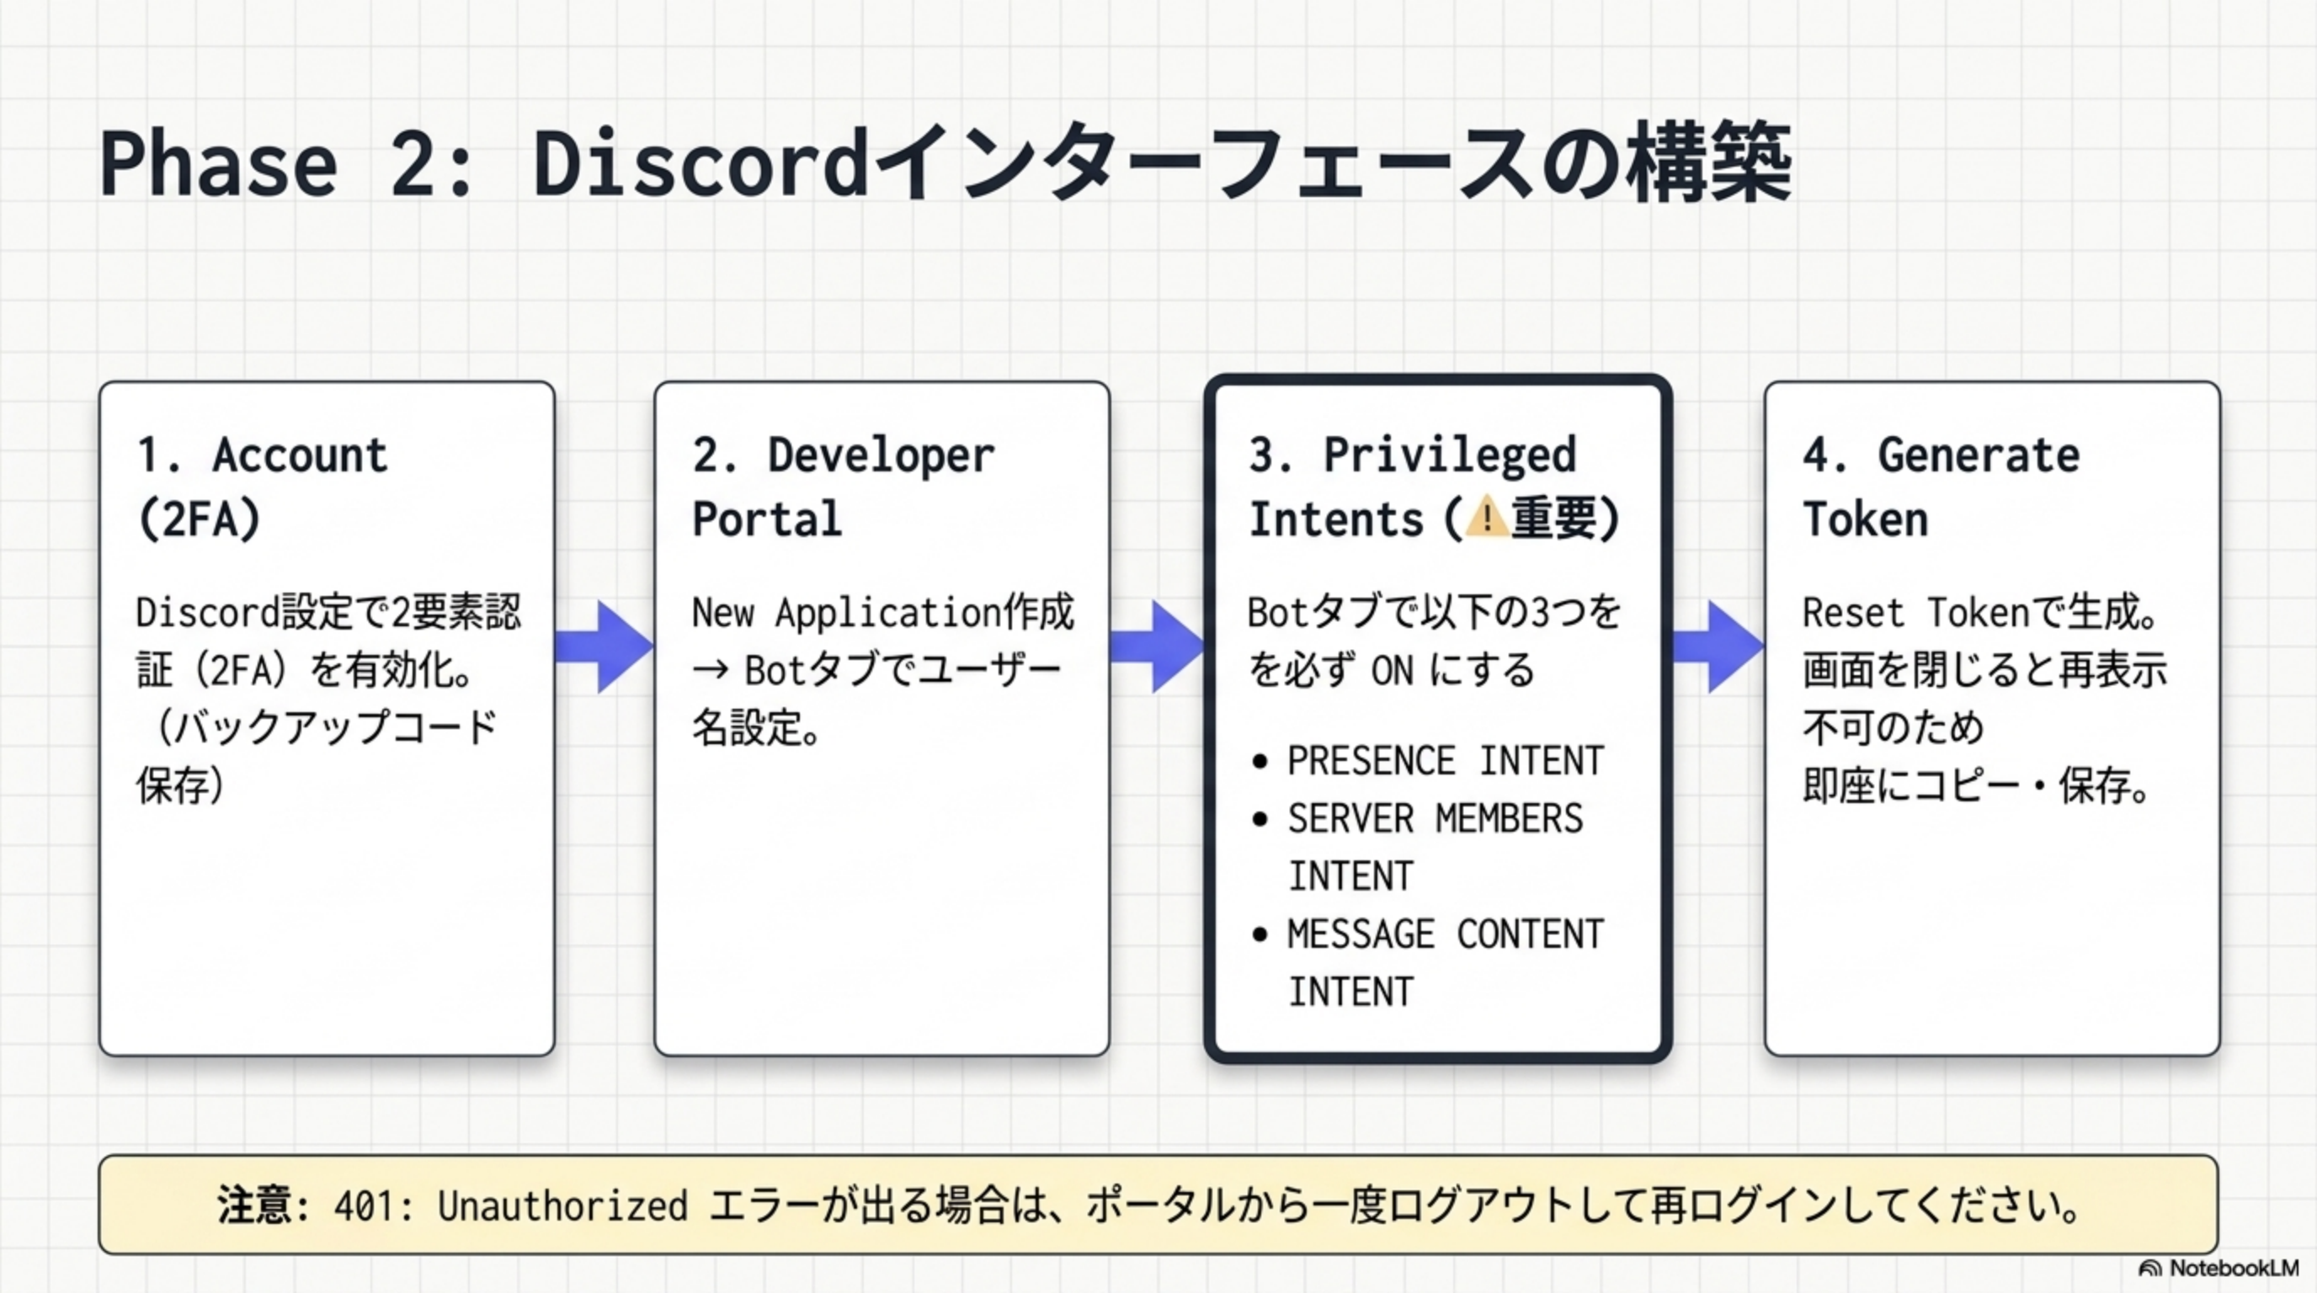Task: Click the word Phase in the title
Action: pyautogui.click(x=219, y=163)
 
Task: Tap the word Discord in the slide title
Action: pyautogui.click(x=700, y=163)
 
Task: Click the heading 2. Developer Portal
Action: pyautogui.click(x=843, y=487)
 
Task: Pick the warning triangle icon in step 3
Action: pyautogui.click(x=1487, y=518)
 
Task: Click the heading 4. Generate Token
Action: pyautogui.click(x=1940, y=487)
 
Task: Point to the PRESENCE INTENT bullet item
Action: pyautogui.click(x=1445, y=762)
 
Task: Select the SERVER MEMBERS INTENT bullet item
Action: pyautogui.click(x=1435, y=846)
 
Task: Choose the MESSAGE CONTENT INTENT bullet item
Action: pyautogui.click(x=1445, y=962)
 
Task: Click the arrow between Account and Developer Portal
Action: pyautogui.click(x=604, y=646)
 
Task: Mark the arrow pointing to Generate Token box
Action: pyautogui.click(x=1717, y=646)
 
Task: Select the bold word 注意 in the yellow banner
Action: pyautogui.click(x=254, y=1205)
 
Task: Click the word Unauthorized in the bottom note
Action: pyautogui.click(x=562, y=1205)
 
